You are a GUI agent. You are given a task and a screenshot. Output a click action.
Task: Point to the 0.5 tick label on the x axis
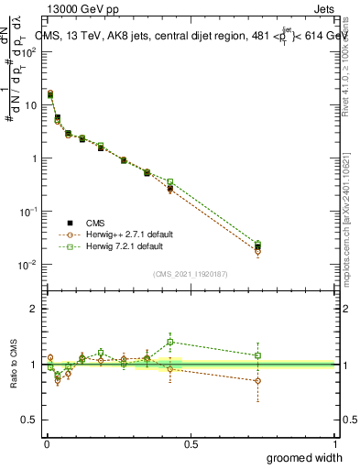pos(191,443)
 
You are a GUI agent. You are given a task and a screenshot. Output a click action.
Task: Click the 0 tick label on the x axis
pos(46,443)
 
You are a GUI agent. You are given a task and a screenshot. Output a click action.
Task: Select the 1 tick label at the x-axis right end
pos(334,443)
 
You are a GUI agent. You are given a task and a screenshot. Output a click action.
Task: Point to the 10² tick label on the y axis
pos(30,51)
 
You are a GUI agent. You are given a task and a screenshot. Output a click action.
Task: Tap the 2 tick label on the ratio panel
pos(34,309)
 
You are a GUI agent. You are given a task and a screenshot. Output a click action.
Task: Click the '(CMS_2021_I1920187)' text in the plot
pos(191,273)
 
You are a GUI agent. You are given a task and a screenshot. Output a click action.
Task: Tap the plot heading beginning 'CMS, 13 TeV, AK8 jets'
pos(192,36)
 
